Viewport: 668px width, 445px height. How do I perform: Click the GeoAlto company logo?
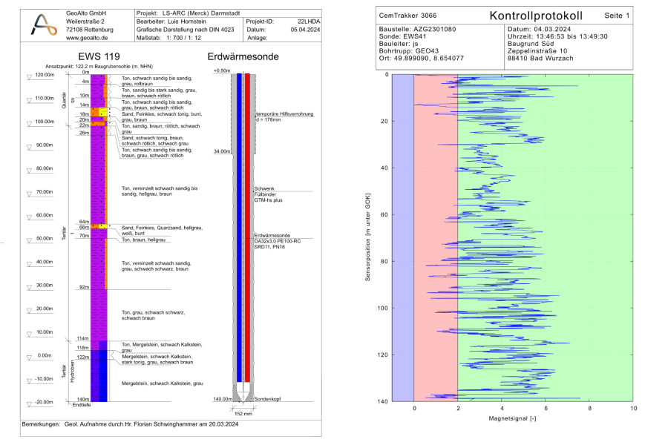tap(43, 25)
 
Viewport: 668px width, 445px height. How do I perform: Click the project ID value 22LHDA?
tap(305, 22)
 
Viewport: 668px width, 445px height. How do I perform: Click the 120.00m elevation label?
tap(44, 75)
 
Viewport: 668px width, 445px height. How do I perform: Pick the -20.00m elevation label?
tap(44, 402)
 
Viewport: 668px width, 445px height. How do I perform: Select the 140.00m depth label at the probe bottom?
tap(221, 399)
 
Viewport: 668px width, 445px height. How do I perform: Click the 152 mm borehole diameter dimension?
tap(243, 413)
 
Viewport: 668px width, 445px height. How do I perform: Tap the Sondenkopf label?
tap(267, 399)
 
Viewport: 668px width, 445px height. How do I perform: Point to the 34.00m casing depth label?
tap(221, 151)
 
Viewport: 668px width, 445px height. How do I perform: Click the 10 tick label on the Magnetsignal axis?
tap(633, 408)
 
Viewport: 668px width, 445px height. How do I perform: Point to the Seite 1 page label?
tap(617, 16)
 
